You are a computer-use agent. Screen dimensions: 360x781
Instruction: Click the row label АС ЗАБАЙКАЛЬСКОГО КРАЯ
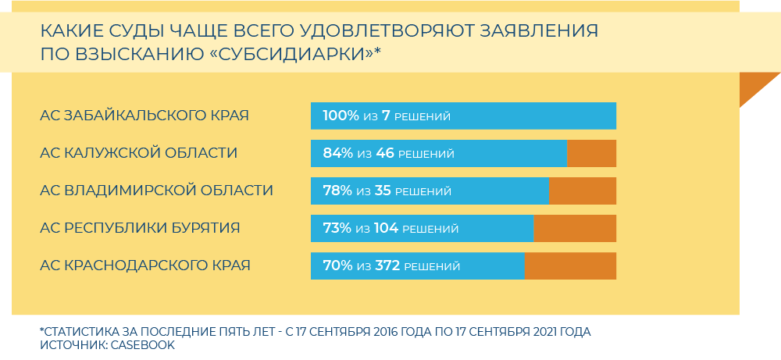point(144,116)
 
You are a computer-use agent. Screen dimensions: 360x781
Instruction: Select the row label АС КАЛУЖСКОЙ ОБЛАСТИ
point(138,153)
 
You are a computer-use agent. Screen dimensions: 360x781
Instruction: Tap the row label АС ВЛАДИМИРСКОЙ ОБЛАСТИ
point(156,191)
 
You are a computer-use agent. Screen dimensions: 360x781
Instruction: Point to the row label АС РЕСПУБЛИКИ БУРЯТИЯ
point(140,228)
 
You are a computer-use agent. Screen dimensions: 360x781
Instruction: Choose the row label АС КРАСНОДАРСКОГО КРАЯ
point(145,266)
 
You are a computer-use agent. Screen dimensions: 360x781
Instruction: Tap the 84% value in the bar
point(337,154)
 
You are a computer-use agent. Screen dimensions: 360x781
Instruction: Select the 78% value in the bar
point(337,191)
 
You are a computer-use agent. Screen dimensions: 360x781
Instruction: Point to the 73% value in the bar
point(337,229)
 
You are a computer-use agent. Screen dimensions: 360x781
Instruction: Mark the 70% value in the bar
point(337,266)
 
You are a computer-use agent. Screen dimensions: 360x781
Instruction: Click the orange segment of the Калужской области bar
point(591,154)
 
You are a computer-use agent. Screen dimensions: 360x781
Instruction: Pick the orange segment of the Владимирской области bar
point(583,191)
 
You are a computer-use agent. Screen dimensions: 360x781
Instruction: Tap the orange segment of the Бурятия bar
point(575,229)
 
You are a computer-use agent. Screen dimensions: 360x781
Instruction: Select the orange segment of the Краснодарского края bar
point(570,266)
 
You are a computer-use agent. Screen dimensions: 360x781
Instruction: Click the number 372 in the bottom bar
point(387,266)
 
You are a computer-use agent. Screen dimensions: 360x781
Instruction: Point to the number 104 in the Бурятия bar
point(386,229)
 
